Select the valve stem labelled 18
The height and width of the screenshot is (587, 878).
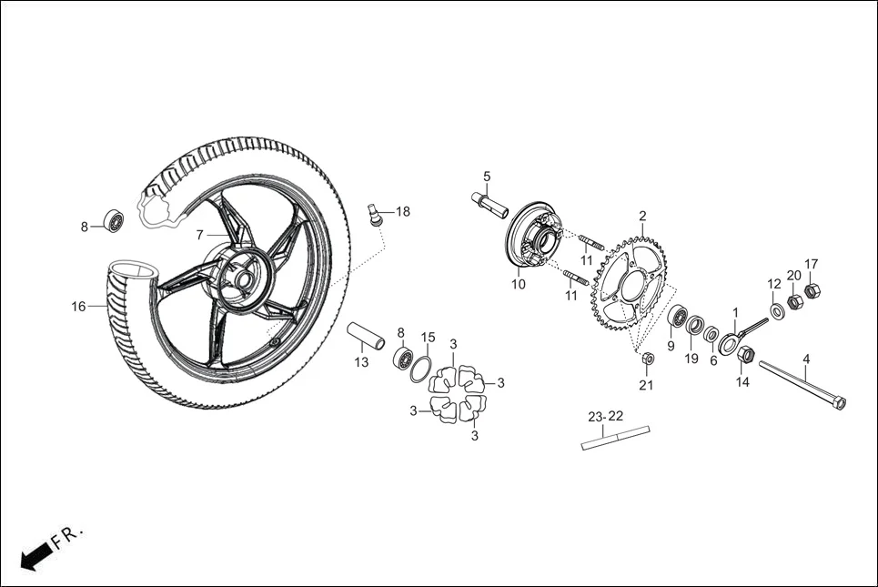tap(372, 215)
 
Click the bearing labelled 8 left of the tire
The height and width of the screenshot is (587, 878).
tap(115, 221)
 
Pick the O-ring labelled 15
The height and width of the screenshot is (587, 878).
tap(420, 369)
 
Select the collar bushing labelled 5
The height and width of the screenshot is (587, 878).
tap(489, 203)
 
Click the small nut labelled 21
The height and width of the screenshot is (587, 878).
tap(646, 359)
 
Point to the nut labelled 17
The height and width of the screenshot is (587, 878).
tap(812, 291)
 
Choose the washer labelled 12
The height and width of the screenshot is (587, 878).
tap(777, 311)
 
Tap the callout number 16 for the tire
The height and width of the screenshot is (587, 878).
tap(79, 307)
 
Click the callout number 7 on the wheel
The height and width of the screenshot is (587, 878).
tap(199, 235)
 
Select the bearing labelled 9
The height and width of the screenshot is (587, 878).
tap(678, 319)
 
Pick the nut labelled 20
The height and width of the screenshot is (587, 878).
tap(794, 301)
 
